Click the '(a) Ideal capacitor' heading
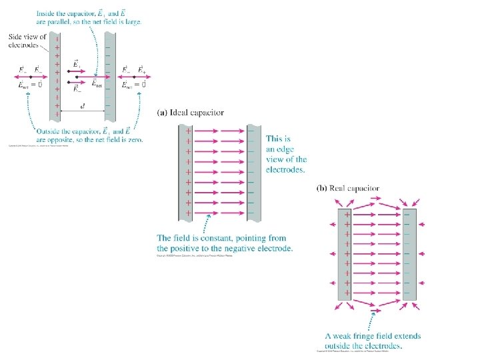pos(191,113)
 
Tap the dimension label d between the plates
pos(83,107)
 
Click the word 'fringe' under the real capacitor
pos(364,337)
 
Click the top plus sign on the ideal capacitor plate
pos(188,131)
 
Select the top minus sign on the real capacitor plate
pos(407,215)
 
